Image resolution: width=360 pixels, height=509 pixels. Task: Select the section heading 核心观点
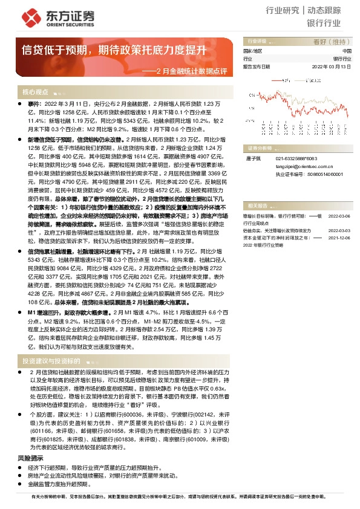tap(35, 92)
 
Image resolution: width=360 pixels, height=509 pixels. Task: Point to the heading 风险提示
tap(30, 442)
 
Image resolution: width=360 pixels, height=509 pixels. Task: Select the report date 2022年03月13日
tap(330, 66)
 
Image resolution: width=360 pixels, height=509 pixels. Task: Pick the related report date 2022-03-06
tap(339, 215)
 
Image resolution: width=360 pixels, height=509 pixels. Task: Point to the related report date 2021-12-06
tap(339, 238)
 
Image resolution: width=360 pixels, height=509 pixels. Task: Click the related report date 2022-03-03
tap(339, 230)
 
